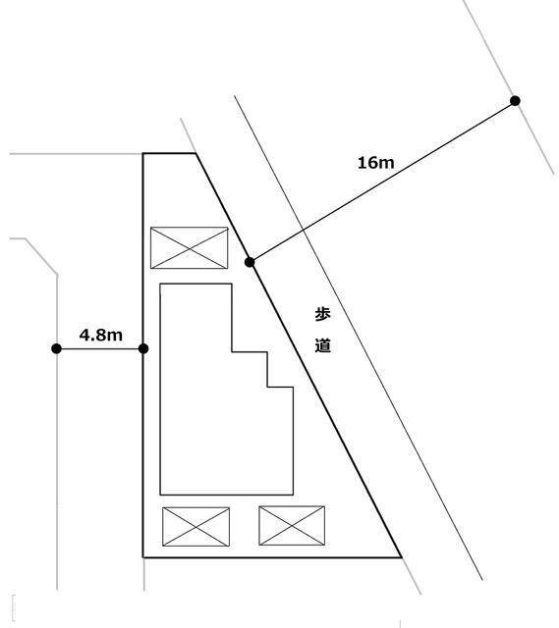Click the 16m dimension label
(x=375, y=163)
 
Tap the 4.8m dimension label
(x=100, y=335)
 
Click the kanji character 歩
(x=322, y=314)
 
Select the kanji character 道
(x=322, y=345)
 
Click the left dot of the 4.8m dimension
(x=57, y=349)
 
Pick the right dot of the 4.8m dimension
(x=143, y=349)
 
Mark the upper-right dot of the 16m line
(x=516, y=100)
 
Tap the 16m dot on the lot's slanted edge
(x=250, y=262)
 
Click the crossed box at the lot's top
(x=190, y=248)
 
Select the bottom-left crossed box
(x=196, y=527)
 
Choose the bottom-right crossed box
(x=292, y=526)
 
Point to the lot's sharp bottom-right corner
(x=401, y=556)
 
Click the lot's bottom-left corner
(x=143, y=557)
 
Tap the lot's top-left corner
(x=143, y=153)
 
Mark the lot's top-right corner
(x=196, y=153)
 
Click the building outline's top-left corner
(x=160, y=284)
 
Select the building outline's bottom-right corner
(x=293, y=495)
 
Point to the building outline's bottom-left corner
(x=160, y=495)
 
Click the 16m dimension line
(x=382, y=182)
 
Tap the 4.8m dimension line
(x=100, y=349)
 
